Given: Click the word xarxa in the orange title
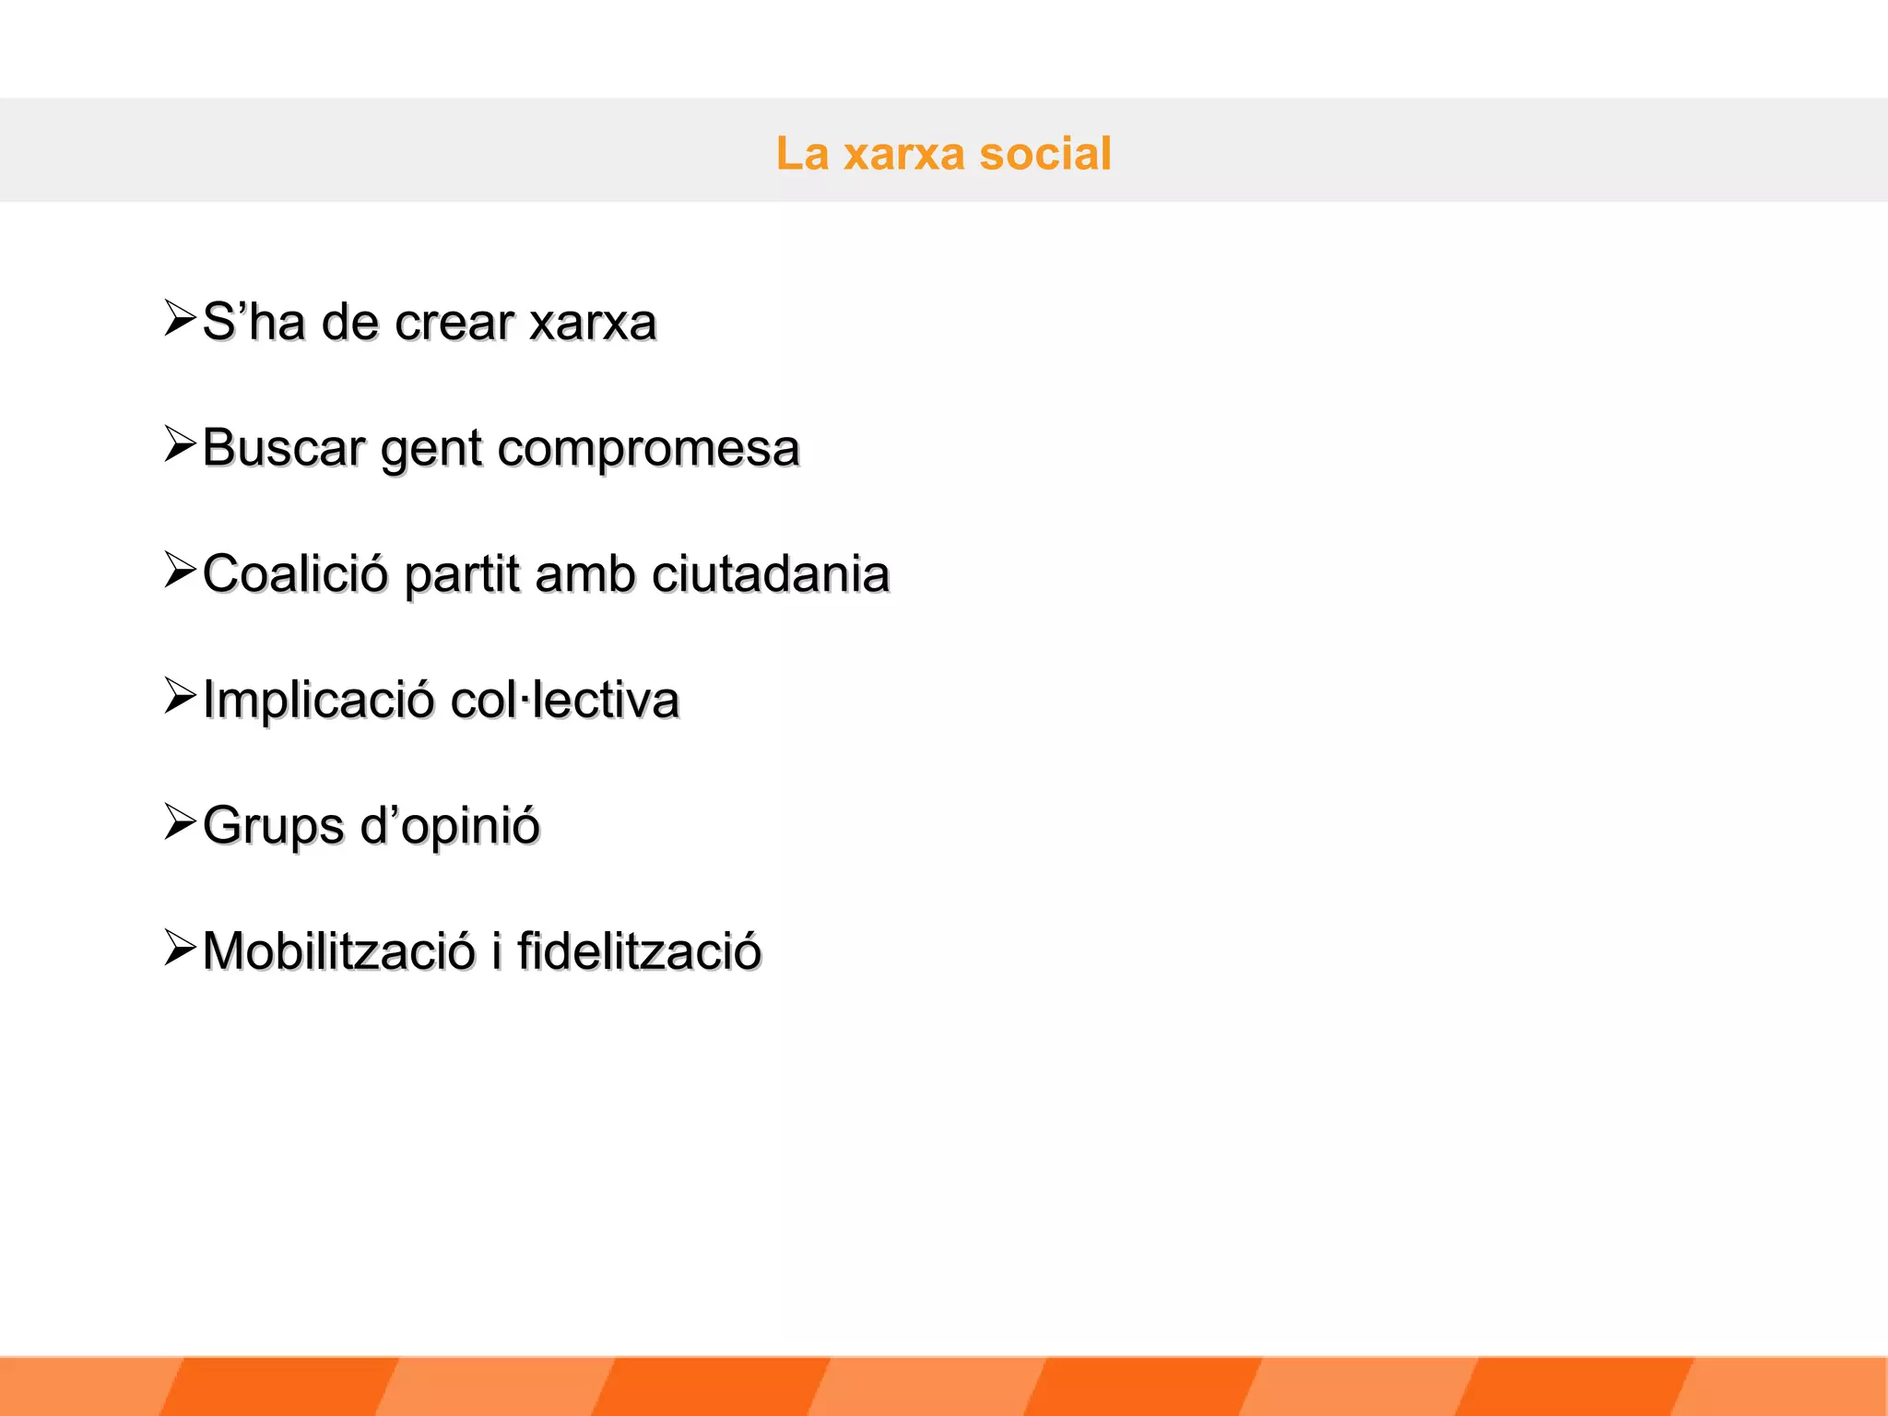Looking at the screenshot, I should [903, 154].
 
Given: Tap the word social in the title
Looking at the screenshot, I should [1044, 154].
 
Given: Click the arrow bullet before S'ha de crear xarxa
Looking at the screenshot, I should [180, 318].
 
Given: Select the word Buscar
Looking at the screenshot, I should [284, 448].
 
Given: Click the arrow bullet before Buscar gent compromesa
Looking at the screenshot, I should [180, 443].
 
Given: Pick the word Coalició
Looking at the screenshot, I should [295, 573].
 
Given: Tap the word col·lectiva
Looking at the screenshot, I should [565, 700].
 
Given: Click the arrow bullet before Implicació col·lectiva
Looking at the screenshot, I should [180, 695].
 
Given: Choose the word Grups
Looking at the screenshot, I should [273, 826].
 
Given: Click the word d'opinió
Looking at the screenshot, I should [450, 826].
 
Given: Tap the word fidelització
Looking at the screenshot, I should [639, 950].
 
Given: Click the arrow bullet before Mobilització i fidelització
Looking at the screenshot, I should [180, 947].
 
